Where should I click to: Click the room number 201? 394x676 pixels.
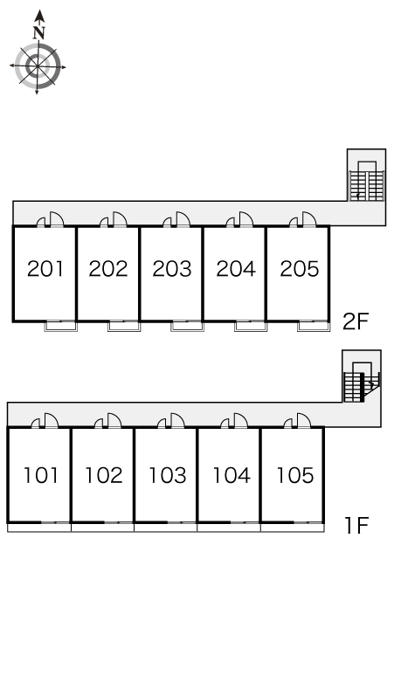pos(45,269)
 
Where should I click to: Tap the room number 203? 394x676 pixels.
pos(172,269)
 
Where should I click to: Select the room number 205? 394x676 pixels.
pos(300,269)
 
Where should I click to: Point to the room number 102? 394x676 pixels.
pos(104,475)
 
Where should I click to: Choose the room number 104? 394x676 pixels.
pos(232,475)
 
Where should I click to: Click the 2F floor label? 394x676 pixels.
pos(356,321)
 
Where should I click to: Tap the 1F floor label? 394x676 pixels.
pos(356,526)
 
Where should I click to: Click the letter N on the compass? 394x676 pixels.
pos(39,32)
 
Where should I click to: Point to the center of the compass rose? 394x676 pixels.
pos(38,66)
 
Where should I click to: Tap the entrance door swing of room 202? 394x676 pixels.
pos(120,219)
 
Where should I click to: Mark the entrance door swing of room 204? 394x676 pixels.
pos(246,219)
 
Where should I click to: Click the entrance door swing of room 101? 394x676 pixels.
pos(51,420)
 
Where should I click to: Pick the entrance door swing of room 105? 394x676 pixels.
pos(303,420)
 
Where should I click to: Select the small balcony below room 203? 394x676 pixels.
pos(187,327)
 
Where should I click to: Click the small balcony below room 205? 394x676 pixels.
pos(314,327)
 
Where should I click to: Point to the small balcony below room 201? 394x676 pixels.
pos(61,327)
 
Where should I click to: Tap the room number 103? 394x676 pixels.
pos(168,475)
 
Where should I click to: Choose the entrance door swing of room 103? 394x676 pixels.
pos(177,420)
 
